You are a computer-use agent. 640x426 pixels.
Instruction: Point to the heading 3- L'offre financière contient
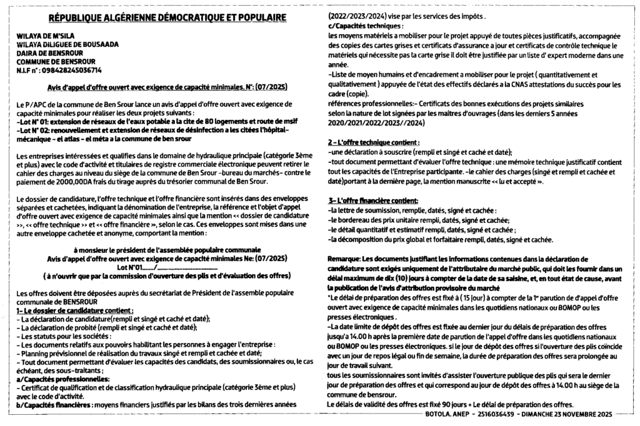pyautogui.click(x=373, y=201)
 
